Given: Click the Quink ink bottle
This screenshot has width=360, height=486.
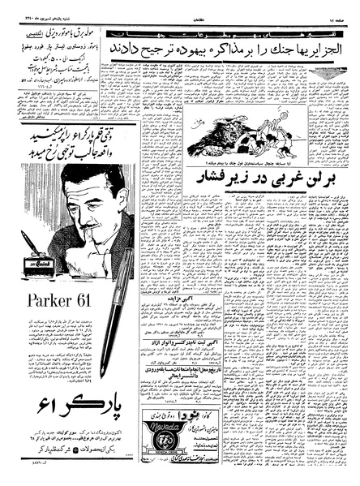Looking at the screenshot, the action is pos(38,265).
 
